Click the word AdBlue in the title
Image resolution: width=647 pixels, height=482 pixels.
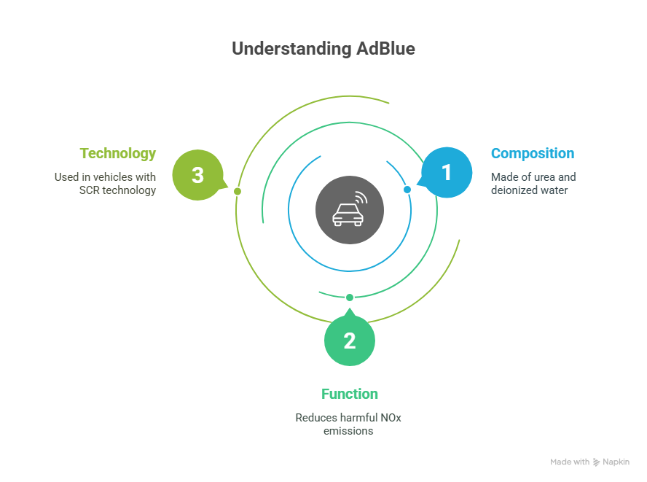point(385,50)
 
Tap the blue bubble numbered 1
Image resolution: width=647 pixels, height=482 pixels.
point(447,173)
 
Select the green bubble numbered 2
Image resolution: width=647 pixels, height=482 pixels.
point(350,341)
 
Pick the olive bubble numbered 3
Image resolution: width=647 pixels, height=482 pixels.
point(197,175)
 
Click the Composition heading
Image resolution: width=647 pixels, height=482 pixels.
point(532,154)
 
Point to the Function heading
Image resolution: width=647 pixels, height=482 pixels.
point(350,394)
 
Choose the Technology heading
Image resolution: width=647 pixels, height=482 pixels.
point(118,154)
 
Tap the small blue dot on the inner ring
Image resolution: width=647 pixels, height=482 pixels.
point(407,190)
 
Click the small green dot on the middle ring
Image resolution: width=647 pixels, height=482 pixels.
point(350,297)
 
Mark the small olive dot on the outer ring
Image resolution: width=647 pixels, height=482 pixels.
point(238,191)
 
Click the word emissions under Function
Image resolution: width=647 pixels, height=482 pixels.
point(349,430)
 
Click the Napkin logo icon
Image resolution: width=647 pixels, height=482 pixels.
point(596,462)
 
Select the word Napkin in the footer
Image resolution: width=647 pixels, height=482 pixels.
point(616,462)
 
